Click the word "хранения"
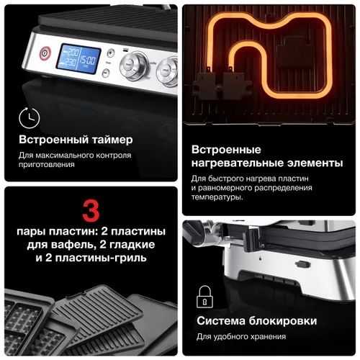point(264,336)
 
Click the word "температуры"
point(217,197)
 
